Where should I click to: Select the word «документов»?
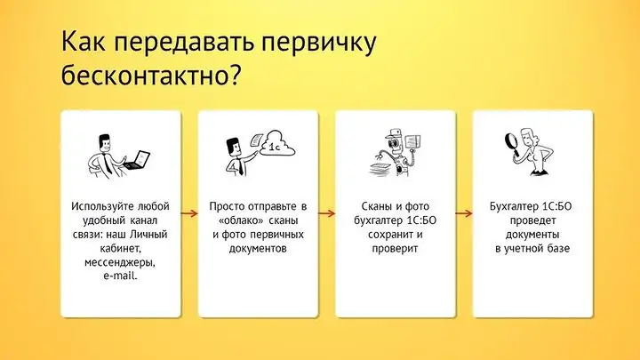(259, 248)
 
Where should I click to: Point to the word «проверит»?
(396, 248)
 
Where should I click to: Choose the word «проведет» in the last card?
(532, 220)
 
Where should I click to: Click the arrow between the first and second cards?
(189, 213)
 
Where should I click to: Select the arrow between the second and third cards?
(326, 213)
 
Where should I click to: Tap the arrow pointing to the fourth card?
(464, 213)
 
